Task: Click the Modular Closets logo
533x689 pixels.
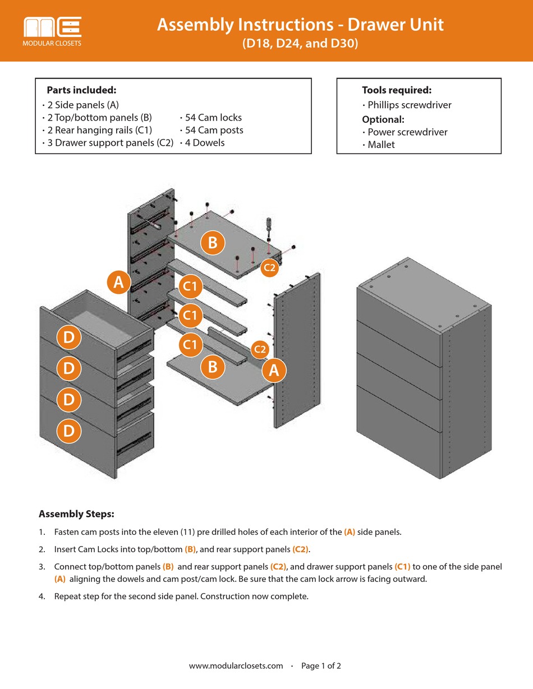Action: click(x=53, y=31)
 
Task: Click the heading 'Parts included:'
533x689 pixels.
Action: click(x=81, y=90)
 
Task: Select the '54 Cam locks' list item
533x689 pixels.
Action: click(x=211, y=118)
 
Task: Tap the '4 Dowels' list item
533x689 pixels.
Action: click(x=202, y=143)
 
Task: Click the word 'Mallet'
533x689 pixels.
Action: click(x=382, y=145)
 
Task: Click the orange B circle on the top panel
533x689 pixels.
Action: click(x=213, y=243)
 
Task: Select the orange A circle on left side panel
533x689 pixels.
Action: click(x=118, y=283)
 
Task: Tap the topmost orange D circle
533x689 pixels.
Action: click(x=69, y=338)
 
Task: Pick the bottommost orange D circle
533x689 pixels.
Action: click(x=69, y=431)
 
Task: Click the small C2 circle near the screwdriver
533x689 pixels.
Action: click(x=270, y=267)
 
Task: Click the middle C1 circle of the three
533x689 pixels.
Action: click(x=191, y=315)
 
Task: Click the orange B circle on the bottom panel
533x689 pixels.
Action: click(x=213, y=367)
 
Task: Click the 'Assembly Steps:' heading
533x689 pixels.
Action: click(x=76, y=514)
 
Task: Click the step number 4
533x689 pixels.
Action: click(x=42, y=596)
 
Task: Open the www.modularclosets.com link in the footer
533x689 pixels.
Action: click(x=236, y=666)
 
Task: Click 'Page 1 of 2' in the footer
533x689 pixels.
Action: click(x=321, y=666)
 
